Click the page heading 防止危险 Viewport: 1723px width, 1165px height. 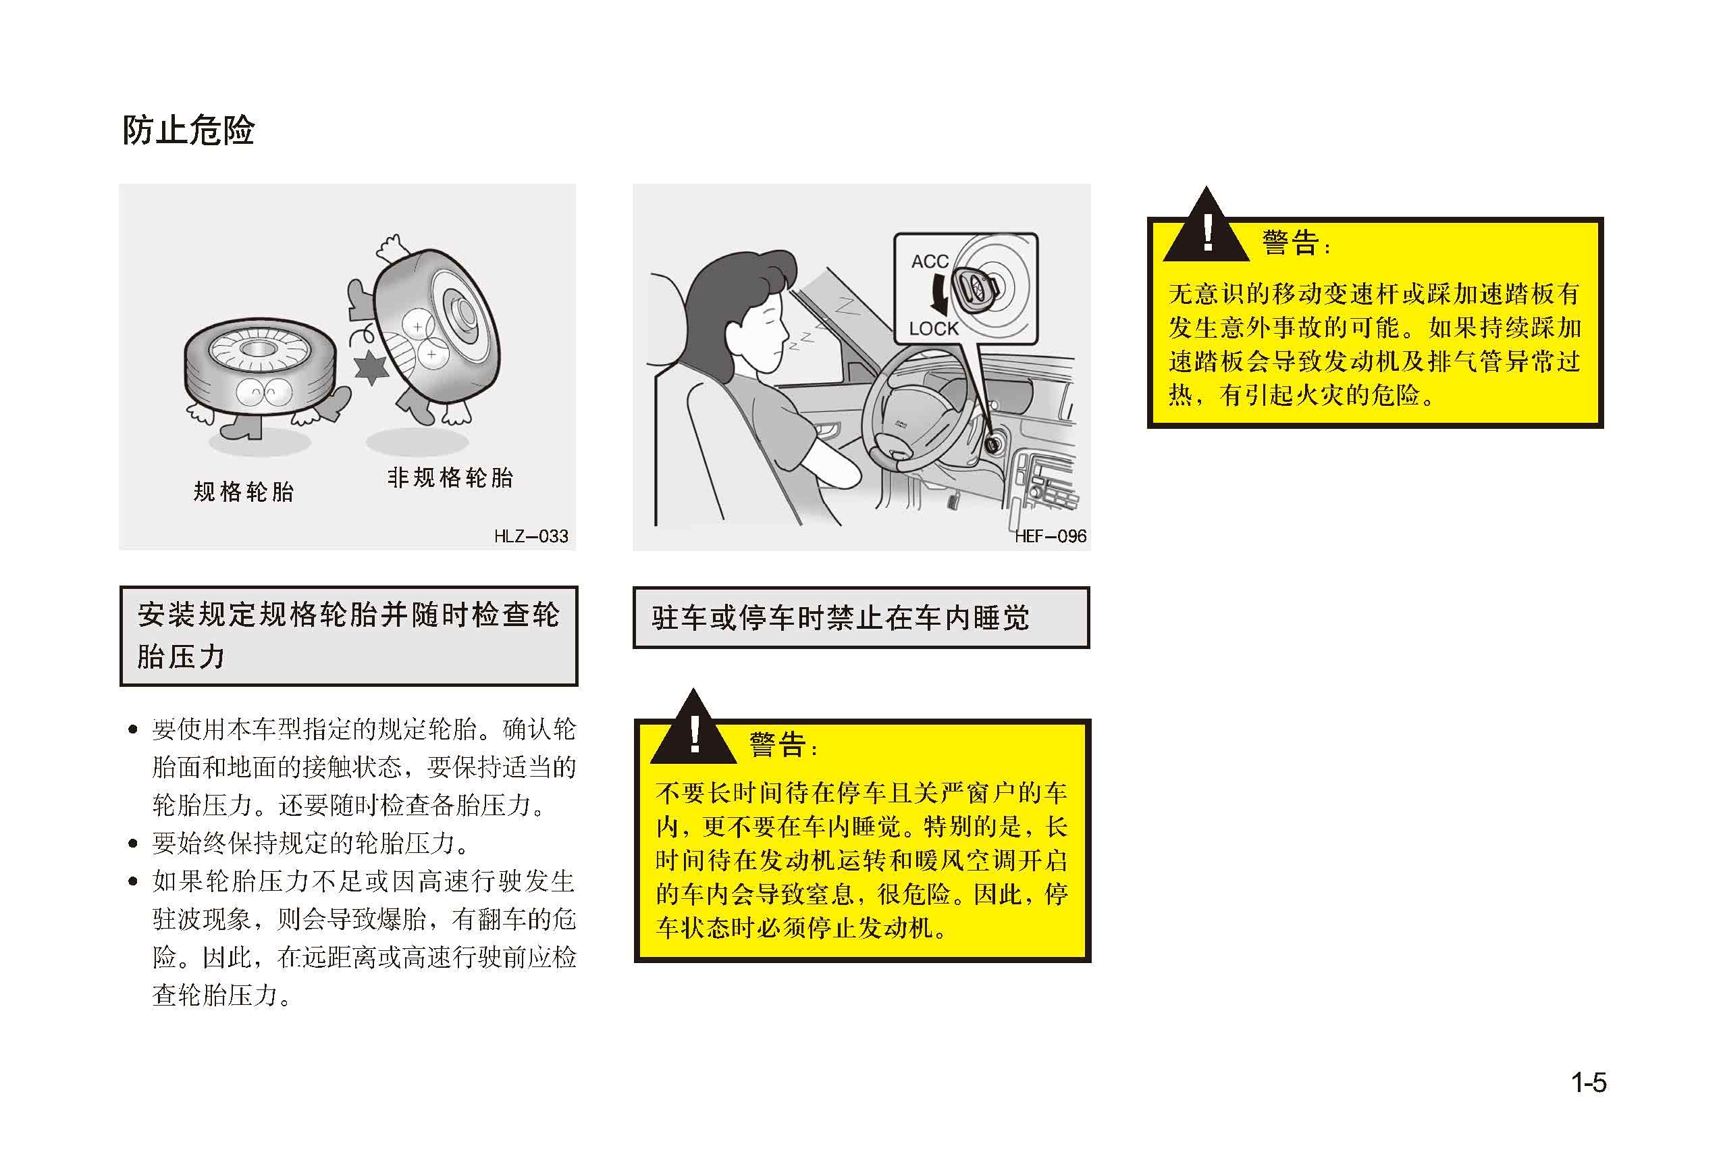tap(188, 130)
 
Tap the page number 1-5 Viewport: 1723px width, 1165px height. tap(1588, 1083)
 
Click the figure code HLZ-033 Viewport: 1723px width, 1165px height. tap(531, 536)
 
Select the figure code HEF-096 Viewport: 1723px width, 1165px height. tap(1050, 536)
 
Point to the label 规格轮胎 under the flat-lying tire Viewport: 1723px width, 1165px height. tap(244, 492)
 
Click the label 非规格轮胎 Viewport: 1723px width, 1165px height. tap(450, 477)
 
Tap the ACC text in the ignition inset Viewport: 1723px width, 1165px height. tap(930, 262)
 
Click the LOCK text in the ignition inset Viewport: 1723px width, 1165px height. tap(934, 328)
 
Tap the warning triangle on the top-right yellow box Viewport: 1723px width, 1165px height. tap(1207, 225)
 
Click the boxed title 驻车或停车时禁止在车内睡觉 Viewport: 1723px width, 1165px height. tap(841, 618)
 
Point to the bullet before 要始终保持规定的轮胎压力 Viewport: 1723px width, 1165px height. tap(133, 843)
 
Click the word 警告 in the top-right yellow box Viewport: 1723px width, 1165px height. tap(1291, 242)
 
